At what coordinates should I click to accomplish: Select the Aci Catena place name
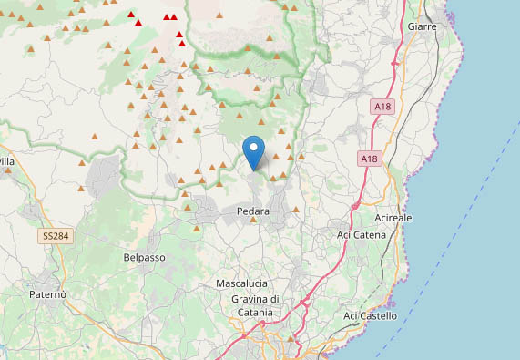(x=362, y=235)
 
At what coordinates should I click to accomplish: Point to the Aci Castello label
(x=371, y=315)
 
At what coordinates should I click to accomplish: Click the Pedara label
(x=253, y=211)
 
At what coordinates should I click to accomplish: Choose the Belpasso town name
(x=144, y=258)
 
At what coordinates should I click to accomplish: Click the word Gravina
(x=234, y=300)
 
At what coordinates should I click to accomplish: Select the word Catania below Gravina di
(x=251, y=313)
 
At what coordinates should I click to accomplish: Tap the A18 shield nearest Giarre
(x=382, y=107)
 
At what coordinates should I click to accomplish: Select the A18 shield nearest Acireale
(x=367, y=159)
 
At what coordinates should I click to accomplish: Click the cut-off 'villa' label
(x=7, y=161)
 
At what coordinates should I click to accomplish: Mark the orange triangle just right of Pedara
(x=296, y=211)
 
